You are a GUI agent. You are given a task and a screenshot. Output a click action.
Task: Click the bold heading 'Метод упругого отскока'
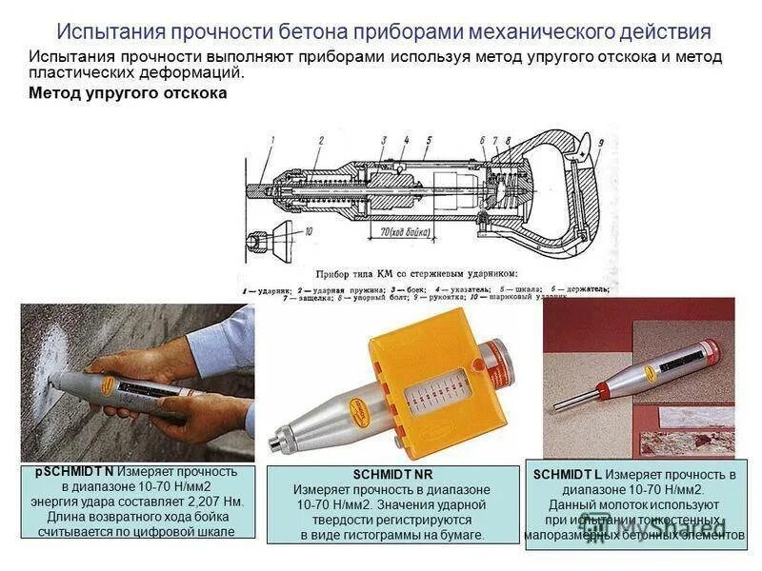point(129,93)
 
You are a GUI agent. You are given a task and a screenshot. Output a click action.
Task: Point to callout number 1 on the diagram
point(271,141)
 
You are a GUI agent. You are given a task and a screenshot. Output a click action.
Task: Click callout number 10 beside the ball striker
point(307,232)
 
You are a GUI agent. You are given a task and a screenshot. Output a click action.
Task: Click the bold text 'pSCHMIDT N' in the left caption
point(74,472)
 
